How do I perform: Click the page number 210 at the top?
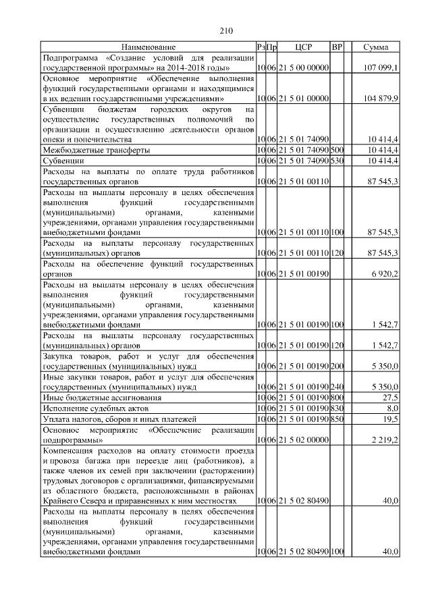click(226, 30)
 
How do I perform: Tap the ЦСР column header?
click(302, 47)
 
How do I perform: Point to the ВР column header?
click(337, 47)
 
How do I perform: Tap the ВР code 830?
click(337, 408)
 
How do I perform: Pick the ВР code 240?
click(337, 388)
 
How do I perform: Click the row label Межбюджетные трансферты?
click(96, 150)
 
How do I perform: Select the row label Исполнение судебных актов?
click(94, 408)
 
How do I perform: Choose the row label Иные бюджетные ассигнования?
click(102, 398)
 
